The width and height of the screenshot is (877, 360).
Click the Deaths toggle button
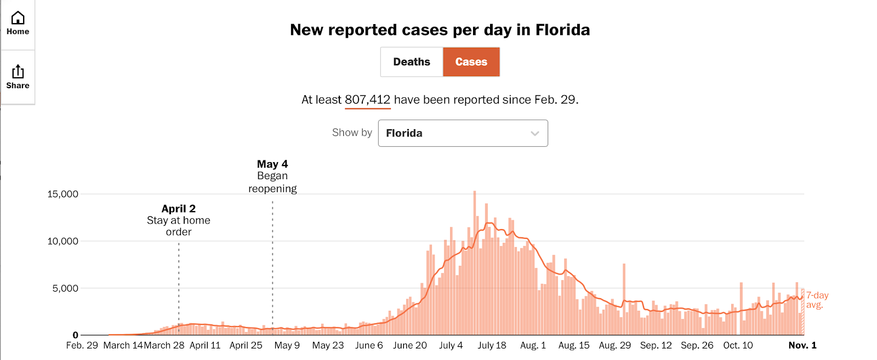tap(412, 62)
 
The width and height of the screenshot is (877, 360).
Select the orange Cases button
tap(471, 62)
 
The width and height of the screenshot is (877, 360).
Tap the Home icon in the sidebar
tap(18, 23)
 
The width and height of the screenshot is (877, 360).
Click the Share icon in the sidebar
tap(18, 77)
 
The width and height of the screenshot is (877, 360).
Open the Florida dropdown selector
tap(463, 133)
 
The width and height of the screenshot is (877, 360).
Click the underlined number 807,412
tap(367, 100)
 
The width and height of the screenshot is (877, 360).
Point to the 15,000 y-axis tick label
tap(63, 194)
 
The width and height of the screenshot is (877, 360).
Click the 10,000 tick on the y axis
tap(63, 241)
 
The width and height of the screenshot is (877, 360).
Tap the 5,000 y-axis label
tap(66, 288)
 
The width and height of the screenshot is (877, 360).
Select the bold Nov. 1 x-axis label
tap(802, 345)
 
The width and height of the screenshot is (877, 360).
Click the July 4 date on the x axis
tap(451, 345)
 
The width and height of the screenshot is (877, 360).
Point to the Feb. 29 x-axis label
tap(82, 345)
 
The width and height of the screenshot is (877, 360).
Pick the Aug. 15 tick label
tap(574, 345)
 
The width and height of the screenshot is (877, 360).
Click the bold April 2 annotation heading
tap(179, 209)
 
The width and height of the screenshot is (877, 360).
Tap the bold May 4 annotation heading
tap(272, 164)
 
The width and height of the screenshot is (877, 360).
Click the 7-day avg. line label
tap(817, 300)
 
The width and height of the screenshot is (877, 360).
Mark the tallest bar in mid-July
tap(475, 263)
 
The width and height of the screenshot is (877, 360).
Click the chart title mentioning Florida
tap(440, 30)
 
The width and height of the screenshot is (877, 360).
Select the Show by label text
tap(352, 133)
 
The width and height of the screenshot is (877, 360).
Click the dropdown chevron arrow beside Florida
tap(535, 133)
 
